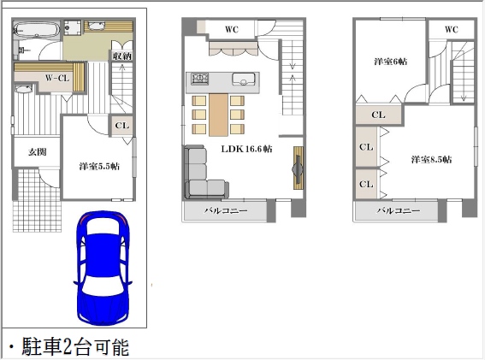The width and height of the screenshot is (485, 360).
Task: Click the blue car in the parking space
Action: click(x=103, y=268)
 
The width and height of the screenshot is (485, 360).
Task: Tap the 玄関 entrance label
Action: click(x=38, y=152)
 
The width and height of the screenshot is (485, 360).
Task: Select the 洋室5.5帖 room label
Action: click(x=99, y=167)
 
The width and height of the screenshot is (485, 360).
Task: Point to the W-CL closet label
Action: click(x=57, y=78)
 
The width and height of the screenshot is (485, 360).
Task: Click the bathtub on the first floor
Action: click(x=36, y=30)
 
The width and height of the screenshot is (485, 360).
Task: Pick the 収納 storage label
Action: click(x=122, y=56)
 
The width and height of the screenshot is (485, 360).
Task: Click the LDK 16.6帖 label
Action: click(x=246, y=149)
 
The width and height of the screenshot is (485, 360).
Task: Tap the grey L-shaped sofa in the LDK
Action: click(x=204, y=174)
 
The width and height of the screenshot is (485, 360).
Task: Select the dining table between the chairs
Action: click(x=218, y=115)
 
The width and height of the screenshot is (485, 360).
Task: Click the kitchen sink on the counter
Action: click(x=244, y=79)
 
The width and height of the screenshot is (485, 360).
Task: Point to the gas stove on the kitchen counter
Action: click(x=200, y=79)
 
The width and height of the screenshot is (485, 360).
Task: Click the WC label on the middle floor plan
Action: click(x=232, y=29)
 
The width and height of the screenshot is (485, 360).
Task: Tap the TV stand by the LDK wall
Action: click(x=299, y=168)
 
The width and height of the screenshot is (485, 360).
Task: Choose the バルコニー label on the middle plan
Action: click(x=226, y=211)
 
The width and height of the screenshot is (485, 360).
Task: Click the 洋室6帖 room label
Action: click(x=391, y=62)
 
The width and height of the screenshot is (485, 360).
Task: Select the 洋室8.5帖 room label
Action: click(x=431, y=160)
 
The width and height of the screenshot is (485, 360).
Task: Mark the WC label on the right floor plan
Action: click(x=452, y=29)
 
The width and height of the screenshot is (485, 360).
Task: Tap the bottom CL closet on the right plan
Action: click(x=366, y=184)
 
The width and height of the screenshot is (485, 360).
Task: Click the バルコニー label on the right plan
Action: click(x=398, y=211)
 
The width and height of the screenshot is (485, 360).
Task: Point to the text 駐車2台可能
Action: click(x=75, y=347)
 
